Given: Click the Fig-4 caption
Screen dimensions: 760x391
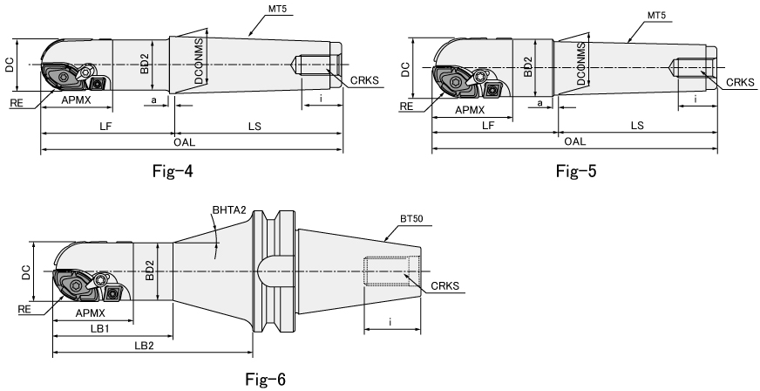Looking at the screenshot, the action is [x=173, y=171].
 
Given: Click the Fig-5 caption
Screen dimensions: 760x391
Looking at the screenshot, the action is [x=576, y=171].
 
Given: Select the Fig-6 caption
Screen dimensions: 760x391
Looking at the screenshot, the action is [x=266, y=379].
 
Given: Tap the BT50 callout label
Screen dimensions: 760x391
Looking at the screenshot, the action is [x=411, y=219].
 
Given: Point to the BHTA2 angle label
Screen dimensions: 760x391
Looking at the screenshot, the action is [x=229, y=210].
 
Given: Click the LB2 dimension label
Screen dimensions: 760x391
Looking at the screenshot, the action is [x=144, y=346].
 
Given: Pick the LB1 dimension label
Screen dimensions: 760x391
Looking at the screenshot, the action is [x=100, y=328].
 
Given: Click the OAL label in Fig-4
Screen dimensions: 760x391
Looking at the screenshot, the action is [x=184, y=142].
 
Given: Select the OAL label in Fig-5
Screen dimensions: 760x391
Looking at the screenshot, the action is [x=575, y=141].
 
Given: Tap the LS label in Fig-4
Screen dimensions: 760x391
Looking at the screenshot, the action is [x=254, y=127].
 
